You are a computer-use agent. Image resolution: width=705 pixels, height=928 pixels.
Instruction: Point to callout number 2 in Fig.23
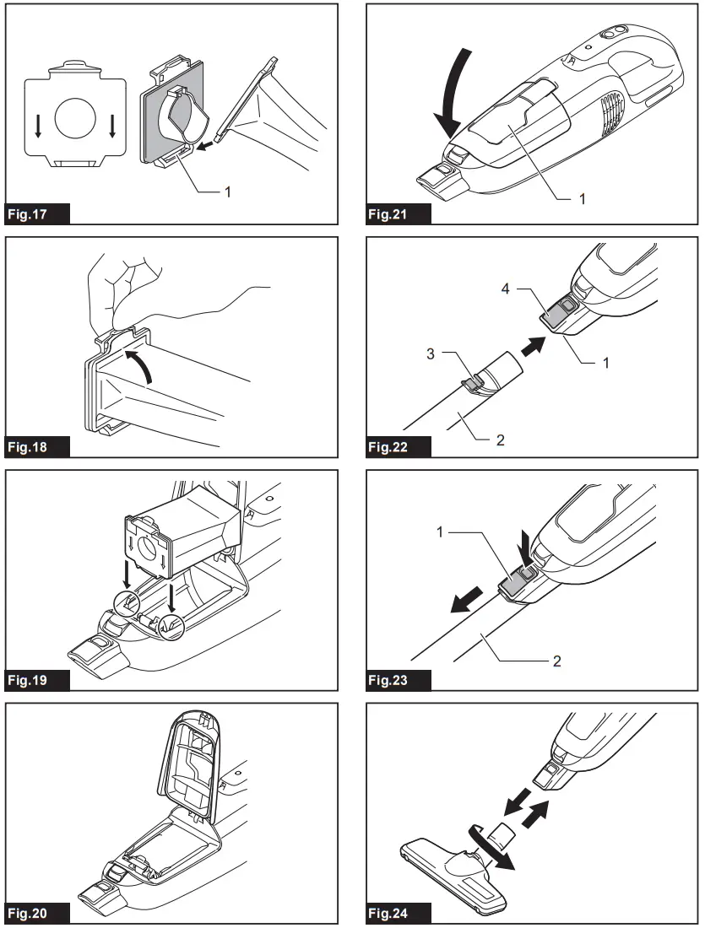click(x=556, y=661)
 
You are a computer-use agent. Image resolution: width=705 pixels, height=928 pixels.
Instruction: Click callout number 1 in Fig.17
click(x=226, y=192)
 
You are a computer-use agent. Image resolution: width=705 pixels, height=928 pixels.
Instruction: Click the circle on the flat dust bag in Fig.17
click(x=79, y=119)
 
